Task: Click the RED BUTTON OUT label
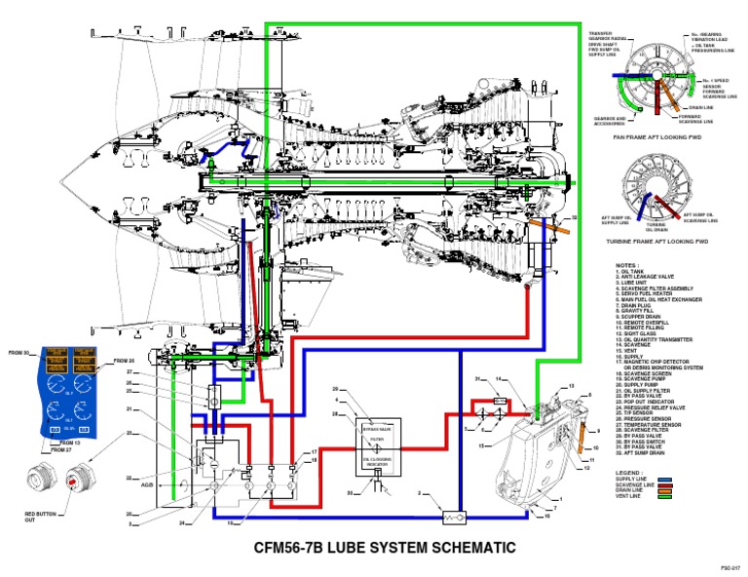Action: [43, 517]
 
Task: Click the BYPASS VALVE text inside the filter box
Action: [376, 426]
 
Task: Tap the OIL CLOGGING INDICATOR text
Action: [376, 462]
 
